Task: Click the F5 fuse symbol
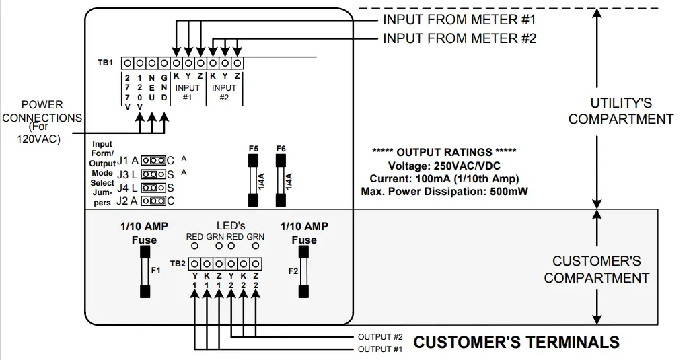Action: tap(253, 180)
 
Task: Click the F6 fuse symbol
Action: tap(280, 180)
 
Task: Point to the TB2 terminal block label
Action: tap(177, 263)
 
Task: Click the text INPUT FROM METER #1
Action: tap(460, 19)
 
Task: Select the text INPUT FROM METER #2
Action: tap(460, 38)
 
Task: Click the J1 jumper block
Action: tap(155, 161)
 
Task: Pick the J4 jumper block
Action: tap(155, 187)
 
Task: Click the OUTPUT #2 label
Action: tap(380, 336)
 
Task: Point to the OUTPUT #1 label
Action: tap(380, 349)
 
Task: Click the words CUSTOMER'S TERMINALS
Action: tap(516, 342)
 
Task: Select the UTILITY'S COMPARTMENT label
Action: tap(620, 111)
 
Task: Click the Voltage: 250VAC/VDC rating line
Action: tap(444, 166)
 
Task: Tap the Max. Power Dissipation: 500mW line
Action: tap(444, 192)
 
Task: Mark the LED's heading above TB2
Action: tap(231, 225)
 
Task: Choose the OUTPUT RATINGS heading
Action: tap(444, 152)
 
